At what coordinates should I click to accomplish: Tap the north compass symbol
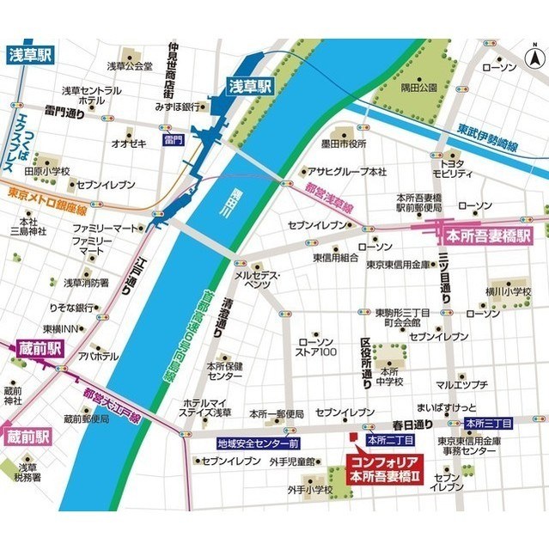pyautogui.click(x=533, y=60)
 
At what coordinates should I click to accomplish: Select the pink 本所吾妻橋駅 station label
pyautogui.click(x=486, y=233)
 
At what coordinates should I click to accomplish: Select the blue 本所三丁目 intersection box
pyautogui.click(x=488, y=424)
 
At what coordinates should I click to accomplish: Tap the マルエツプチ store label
pyautogui.click(x=463, y=383)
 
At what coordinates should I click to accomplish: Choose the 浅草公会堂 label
pyautogui.click(x=129, y=65)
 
